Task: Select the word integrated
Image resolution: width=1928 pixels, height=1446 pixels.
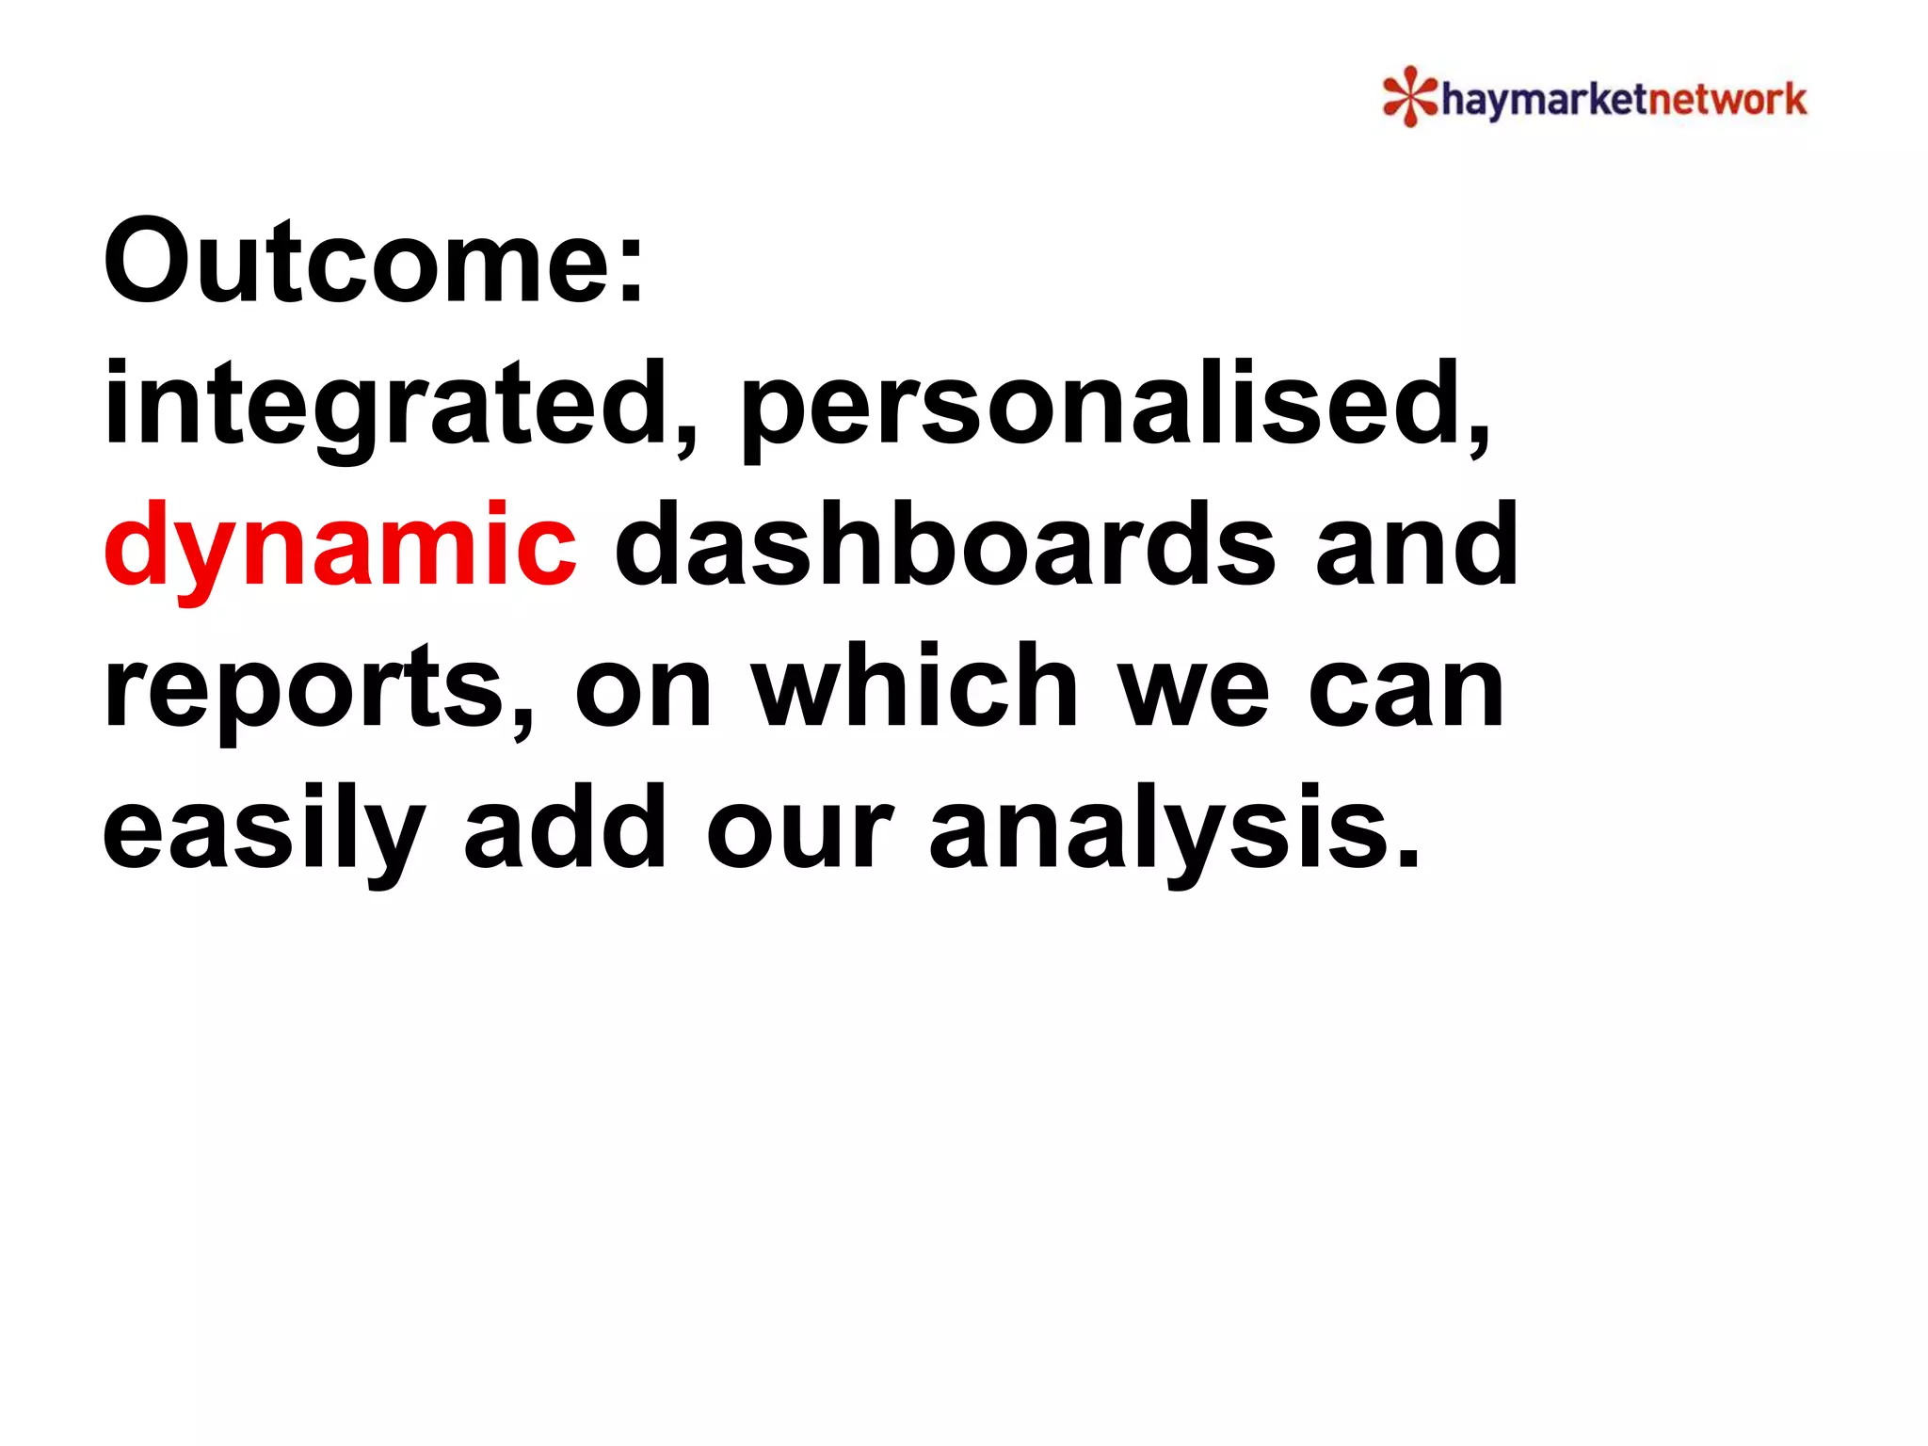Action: [x=386, y=405]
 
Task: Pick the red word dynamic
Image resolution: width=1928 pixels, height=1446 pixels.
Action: [x=339, y=546]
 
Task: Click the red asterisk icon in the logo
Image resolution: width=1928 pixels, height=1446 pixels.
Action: [x=1409, y=96]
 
